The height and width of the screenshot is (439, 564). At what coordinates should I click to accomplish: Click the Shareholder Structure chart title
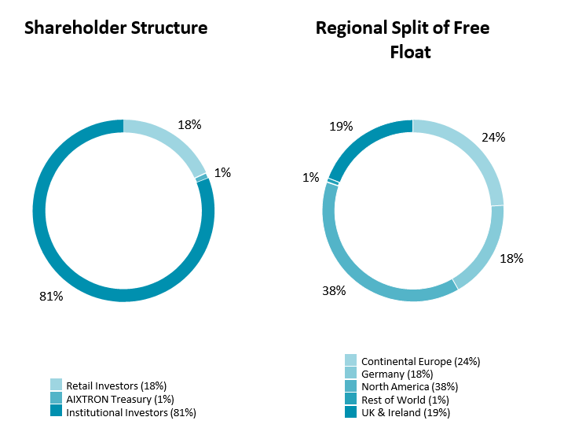[x=115, y=28]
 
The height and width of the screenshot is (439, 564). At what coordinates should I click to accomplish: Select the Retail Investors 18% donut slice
[x=173, y=142]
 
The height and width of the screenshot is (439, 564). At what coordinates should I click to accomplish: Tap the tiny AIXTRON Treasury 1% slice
[x=203, y=178]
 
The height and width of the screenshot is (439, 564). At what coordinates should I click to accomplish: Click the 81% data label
[x=51, y=297]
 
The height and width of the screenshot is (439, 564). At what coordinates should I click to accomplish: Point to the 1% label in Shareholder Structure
[x=222, y=172]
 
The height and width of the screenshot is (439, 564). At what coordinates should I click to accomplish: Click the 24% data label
[x=493, y=137]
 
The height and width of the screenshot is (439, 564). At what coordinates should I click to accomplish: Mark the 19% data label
[x=341, y=126]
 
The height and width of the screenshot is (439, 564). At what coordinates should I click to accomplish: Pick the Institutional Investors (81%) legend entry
[x=123, y=411]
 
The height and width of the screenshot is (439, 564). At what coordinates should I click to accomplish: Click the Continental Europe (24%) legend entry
[x=412, y=361]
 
